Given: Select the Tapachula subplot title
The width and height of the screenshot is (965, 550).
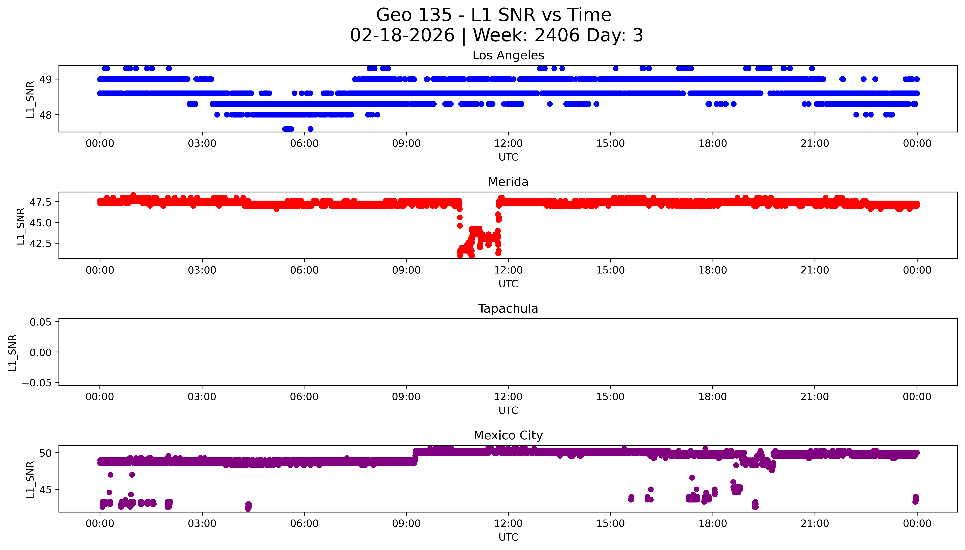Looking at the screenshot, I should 508,309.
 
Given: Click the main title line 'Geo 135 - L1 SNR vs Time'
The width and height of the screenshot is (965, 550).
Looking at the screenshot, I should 494,15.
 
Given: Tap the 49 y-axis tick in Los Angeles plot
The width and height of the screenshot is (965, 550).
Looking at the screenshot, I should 46,79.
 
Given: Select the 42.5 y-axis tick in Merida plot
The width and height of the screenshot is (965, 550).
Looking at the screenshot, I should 41,243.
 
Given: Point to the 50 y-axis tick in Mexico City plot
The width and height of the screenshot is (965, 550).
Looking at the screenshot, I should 46,453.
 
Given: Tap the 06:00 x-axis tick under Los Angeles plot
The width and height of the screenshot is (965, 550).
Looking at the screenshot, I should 304,144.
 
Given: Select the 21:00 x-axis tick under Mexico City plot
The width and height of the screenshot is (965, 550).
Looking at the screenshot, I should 815,524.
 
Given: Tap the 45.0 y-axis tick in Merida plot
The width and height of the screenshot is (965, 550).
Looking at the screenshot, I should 41,223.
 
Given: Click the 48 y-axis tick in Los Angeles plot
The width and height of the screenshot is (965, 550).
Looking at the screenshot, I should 46,115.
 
